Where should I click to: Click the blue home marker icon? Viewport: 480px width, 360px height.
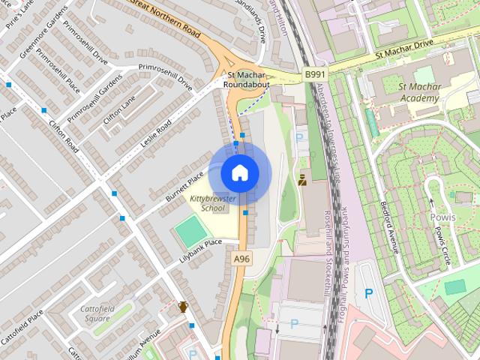[x=239, y=172]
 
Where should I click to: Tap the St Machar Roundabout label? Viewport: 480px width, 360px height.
[x=247, y=79]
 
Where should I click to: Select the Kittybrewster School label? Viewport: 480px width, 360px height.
[x=212, y=203]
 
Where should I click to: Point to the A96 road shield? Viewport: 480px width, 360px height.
[x=241, y=259]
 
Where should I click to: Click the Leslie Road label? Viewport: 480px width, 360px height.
[x=154, y=132]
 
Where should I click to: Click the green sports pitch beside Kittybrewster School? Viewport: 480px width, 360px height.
[x=191, y=232]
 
